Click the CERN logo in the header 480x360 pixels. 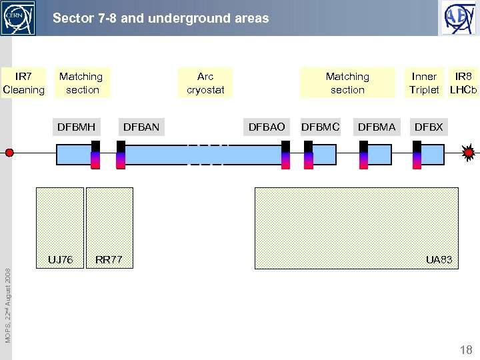coord(18,17)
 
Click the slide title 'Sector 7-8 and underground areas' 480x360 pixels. coord(161,18)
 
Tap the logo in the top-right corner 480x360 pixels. coord(459,17)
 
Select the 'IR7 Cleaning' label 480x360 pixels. coord(24,83)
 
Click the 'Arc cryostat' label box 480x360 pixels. coord(205,83)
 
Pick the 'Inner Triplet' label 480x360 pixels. coord(424,83)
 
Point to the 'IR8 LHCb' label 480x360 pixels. coord(463,83)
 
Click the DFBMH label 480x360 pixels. coord(76,127)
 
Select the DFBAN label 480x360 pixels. coord(141,127)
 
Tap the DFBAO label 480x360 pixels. coord(266,127)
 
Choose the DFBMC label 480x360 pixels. coord(321,127)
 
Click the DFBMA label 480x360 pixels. coord(377,127)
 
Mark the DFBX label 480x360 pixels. coord(428,127)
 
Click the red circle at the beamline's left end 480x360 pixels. coord(9,153)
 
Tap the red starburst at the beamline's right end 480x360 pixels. coord(469,153)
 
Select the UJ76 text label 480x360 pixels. coord(60,259)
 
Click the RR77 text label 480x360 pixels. coord(109,259)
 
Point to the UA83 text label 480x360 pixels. coord(439,259)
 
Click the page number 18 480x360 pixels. coord(465,350)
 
